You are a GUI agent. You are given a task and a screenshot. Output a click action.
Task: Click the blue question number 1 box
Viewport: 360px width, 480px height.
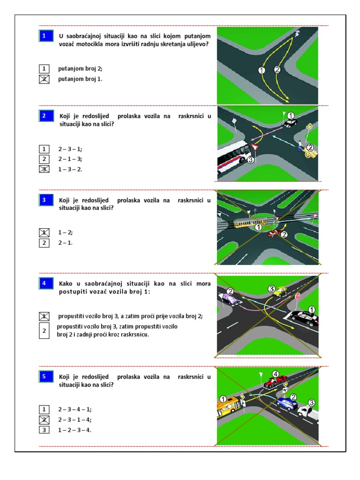[46, 36]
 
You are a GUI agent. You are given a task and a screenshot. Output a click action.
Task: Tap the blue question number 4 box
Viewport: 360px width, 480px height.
[46, 283]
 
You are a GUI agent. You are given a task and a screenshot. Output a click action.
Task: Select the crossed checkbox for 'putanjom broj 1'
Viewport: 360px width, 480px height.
[44, 79]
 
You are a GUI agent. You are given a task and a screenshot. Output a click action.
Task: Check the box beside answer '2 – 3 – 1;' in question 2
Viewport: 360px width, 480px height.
[44, 149]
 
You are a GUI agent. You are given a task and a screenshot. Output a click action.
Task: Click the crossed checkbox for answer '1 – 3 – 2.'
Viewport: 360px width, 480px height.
[44, 169]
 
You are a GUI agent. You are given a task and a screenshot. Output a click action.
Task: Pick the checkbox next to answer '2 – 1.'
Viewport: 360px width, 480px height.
[44, 243]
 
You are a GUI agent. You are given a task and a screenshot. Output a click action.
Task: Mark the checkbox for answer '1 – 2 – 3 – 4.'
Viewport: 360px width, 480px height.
[44, 430]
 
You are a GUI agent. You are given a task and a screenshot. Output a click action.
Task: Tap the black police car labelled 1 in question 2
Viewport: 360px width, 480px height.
[290, 122]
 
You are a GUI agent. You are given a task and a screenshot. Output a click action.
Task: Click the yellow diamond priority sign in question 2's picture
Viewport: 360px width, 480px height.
[309, 127]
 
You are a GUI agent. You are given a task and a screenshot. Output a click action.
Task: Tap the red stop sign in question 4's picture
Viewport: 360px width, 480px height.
[297, 296]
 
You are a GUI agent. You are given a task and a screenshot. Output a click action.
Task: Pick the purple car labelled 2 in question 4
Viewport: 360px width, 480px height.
[229, 299]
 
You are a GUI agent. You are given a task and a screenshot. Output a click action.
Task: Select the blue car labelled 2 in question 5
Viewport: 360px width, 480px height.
[286, 404]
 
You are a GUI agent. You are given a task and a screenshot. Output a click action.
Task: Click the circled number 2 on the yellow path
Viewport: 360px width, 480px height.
[277, 69]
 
